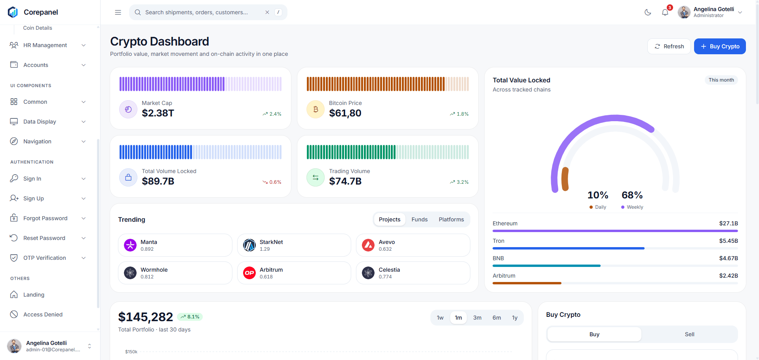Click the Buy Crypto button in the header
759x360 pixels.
(720, 46)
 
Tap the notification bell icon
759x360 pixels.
(665, 12)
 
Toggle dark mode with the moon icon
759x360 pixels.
(648, 12)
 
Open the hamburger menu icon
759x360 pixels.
(118, 12)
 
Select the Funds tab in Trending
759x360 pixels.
(419, 219)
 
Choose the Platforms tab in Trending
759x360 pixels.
(451, 219)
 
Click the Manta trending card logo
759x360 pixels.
(130, 245)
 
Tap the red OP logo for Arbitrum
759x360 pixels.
(249, 273)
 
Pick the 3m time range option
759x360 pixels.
(477, 318)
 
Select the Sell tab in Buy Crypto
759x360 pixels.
(689, 334)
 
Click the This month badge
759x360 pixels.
(721, 80)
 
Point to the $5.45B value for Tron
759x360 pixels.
(729, 241)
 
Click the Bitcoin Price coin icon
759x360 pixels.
(316, 109)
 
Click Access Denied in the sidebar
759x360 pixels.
(43, 314)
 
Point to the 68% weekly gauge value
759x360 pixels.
(632, 195)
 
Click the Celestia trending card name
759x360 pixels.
(389, 270)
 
